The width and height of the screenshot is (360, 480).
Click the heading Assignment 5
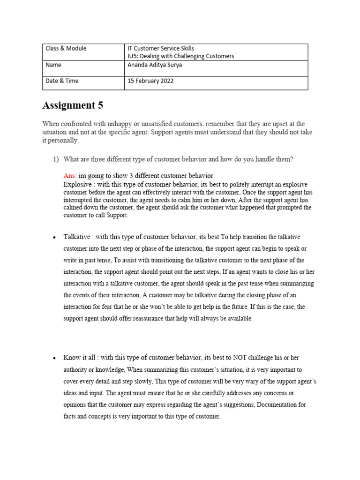point(73,105)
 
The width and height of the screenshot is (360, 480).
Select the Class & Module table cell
point(66,48)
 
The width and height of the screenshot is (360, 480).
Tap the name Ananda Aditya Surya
point(155,65)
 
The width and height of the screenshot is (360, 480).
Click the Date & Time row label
point(62,81)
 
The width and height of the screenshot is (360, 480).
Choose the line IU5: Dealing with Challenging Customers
point(180,56)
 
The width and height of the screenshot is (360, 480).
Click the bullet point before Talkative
point(54,238)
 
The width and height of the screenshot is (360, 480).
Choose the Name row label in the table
point(53,65)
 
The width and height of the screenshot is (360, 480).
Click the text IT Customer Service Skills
point(161,48)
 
